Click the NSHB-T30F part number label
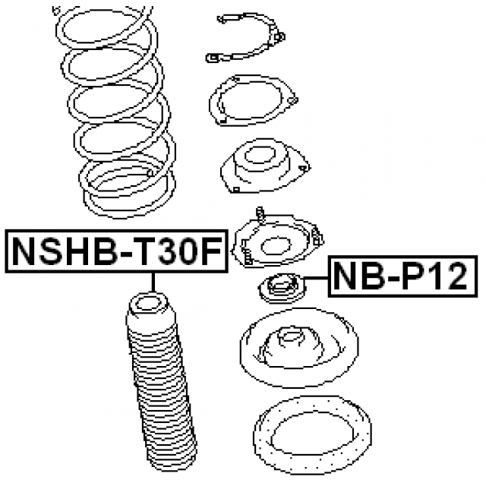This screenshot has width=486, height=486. pyautogui.click(x=116, y=251)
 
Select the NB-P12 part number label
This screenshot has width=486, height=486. pyautogui.click(x=402, y=276)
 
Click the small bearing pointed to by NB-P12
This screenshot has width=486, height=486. pyautogui.click(x=282, y=289)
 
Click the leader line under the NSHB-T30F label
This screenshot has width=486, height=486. pyautogui.click(x=153, y=282)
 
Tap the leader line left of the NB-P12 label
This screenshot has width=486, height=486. pyautogui.click(x=316, y=279)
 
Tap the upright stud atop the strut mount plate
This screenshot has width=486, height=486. pyautogui.click(x=260, y=214)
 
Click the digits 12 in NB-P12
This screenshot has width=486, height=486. pyautogui.click(x=449, y=276)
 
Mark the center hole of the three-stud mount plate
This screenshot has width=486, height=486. pyautogui.click(x=276, y=247)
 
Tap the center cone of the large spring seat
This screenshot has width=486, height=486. pyautogui.click(x=290, y=347)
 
